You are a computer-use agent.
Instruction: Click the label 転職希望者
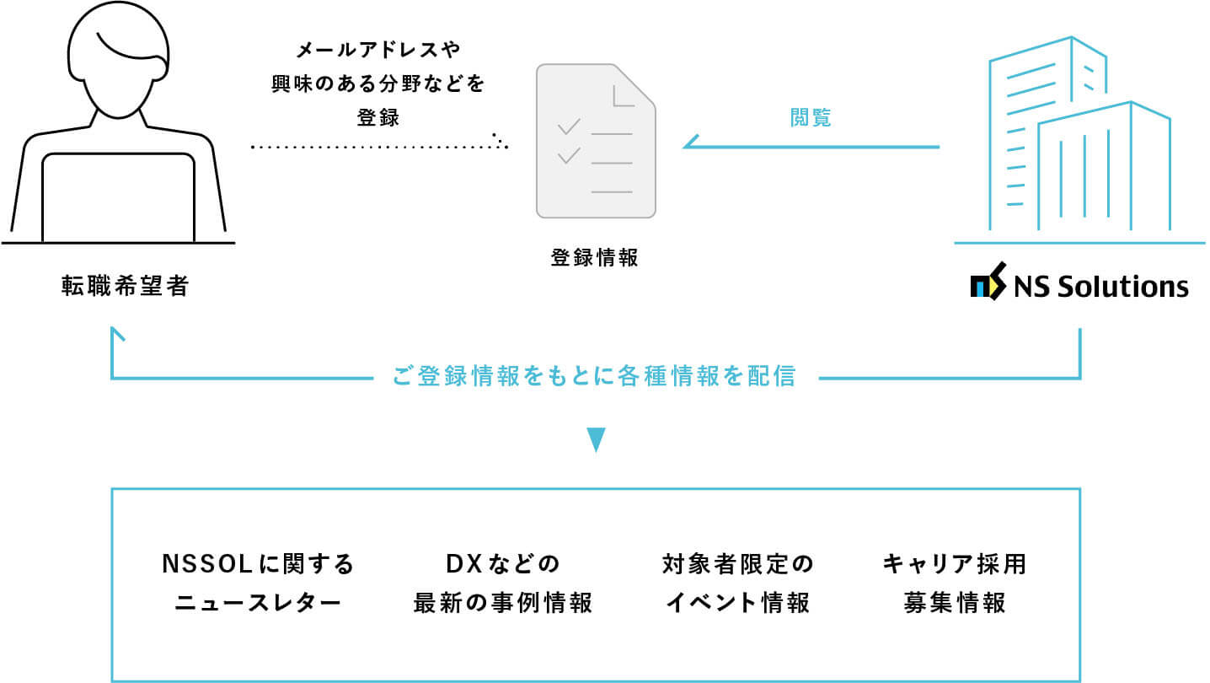[125, 287]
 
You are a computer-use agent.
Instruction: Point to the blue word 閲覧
[811, 118]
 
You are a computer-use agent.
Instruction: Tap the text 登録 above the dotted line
[377, 118]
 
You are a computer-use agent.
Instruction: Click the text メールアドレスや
[377, 48]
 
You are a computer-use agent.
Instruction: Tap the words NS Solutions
[1100, 288]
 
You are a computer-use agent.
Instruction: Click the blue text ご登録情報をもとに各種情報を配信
[594, 377]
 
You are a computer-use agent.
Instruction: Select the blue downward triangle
[596, 440]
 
